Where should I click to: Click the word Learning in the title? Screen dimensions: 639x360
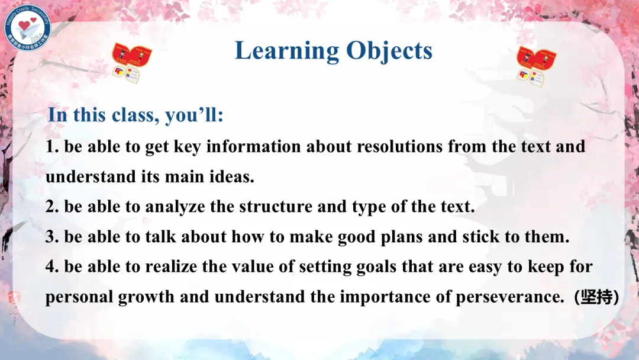pyautogui.click(x=287, y=52)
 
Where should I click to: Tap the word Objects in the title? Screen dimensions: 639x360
pyautogui.click(x=389, y=50)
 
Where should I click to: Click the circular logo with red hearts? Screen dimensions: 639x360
pyautogui.click(x=28, y=28)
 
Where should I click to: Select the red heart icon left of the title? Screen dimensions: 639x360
pyautogui.click(x=131, y=63)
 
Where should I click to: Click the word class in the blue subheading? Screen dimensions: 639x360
pyautogui.click(x=135, y=114)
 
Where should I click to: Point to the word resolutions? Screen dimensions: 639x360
pyautogui.click(x=399, y=146)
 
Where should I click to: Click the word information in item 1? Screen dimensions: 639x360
pyautogui.click(x=253, y=146)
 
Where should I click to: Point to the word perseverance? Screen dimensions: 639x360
pyautogui.click(x=510, y=297)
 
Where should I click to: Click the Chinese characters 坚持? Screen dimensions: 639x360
pyautogui.click(x=596, y=297)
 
